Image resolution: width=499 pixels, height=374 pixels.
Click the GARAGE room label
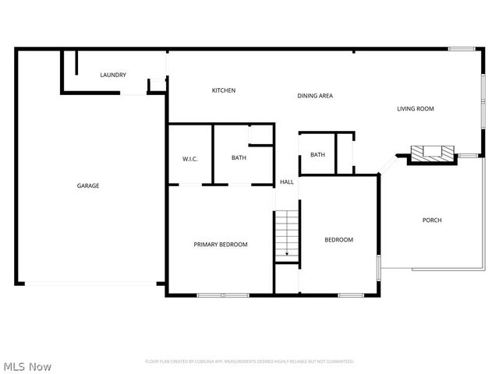[x=87, y=185]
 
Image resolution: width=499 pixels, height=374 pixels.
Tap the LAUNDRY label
[x=113, y=75]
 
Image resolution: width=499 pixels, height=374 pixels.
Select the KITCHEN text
[x=224, y=90]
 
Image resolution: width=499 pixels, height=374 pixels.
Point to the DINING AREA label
[x=315, y=96]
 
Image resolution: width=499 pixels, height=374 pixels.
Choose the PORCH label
[x=432, y=221]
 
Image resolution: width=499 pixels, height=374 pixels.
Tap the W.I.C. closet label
[x=190, y=159]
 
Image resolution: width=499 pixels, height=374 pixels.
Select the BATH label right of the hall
[x=317, y=154]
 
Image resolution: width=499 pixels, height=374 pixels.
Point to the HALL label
[x=287, y=182]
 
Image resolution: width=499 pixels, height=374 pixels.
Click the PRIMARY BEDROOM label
[x=221, y=245]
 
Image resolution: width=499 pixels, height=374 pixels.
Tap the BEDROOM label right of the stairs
[x=338, y=240]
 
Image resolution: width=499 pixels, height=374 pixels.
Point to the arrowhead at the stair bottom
[x=286, y=254]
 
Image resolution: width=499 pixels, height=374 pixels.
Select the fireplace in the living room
[x=427, y=153]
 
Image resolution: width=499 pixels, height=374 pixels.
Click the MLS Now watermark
[x=27, y=365]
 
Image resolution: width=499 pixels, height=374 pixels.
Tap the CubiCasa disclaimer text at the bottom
[x=249, y=362]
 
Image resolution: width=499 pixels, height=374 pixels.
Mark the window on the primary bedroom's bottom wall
[x=222, y=295]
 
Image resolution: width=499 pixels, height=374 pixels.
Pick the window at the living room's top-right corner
[x=462, y=50]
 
